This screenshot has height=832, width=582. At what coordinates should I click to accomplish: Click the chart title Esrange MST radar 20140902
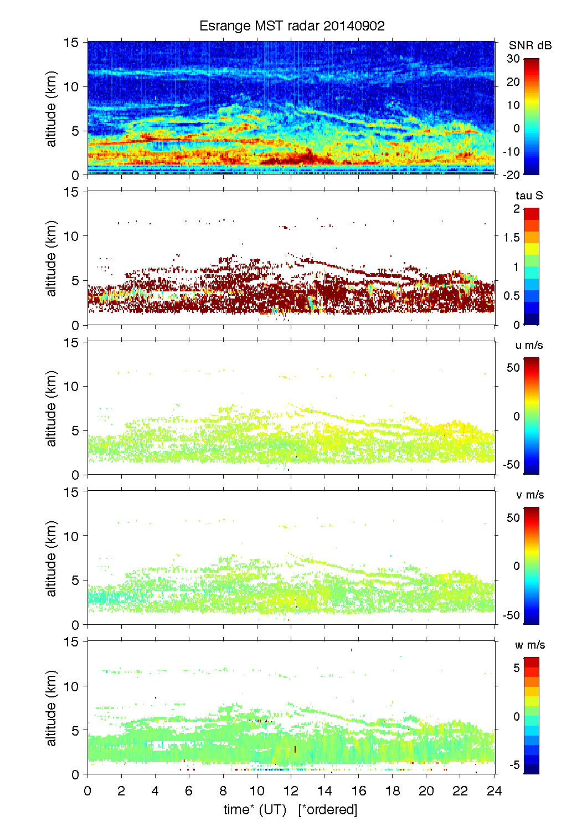[292, 26]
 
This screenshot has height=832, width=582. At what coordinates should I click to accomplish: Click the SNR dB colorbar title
[530, 45]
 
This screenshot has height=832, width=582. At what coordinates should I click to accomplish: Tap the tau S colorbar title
[529, 196]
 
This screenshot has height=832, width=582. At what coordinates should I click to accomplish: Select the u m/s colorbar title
[529, 345]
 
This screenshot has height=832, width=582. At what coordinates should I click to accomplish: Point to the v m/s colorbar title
[529, 495]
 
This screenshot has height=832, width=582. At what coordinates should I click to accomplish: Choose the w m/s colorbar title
[530, 645]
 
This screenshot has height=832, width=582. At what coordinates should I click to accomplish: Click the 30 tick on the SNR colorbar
[513, 59]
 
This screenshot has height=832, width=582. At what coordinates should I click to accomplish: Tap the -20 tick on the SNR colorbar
[512, 174]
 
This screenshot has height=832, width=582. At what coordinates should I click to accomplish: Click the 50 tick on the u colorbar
[513, 368]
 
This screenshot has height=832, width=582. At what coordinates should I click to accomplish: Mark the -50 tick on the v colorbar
[511, 615]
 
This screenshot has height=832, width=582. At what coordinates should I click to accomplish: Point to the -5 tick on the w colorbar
[514, 765]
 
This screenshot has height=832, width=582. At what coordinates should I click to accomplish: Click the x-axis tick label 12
[291, 791]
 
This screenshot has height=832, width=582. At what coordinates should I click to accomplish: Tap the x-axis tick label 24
[494, 791]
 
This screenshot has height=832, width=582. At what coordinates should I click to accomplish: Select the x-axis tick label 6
[189, 791]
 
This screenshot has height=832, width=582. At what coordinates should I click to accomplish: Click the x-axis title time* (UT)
[255, 810]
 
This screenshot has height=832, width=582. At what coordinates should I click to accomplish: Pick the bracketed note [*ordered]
[328, 810]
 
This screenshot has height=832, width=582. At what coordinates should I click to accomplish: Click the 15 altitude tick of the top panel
[72, 42]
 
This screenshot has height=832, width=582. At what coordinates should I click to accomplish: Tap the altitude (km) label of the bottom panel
[51, 708]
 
